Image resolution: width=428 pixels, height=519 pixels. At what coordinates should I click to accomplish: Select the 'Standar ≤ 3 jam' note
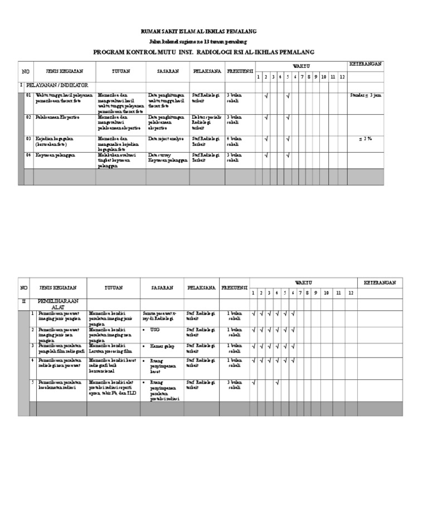(x=365, y=96)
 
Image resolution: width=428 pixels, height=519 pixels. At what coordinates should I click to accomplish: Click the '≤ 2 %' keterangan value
(x=366, y=138)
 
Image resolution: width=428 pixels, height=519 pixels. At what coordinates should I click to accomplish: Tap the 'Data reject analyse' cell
(x=166, y=138)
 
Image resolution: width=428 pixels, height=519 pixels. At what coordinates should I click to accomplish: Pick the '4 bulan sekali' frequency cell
(x=235, y=141)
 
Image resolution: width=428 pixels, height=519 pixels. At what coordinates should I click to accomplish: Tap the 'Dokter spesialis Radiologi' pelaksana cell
(x=206, y=120)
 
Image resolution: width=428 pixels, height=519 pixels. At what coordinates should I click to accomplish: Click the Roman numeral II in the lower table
(x=23, y=300)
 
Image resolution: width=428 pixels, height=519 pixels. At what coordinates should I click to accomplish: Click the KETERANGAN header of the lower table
(x=380, y=283)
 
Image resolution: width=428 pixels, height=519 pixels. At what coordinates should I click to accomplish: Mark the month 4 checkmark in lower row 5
(x=277, y=382)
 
